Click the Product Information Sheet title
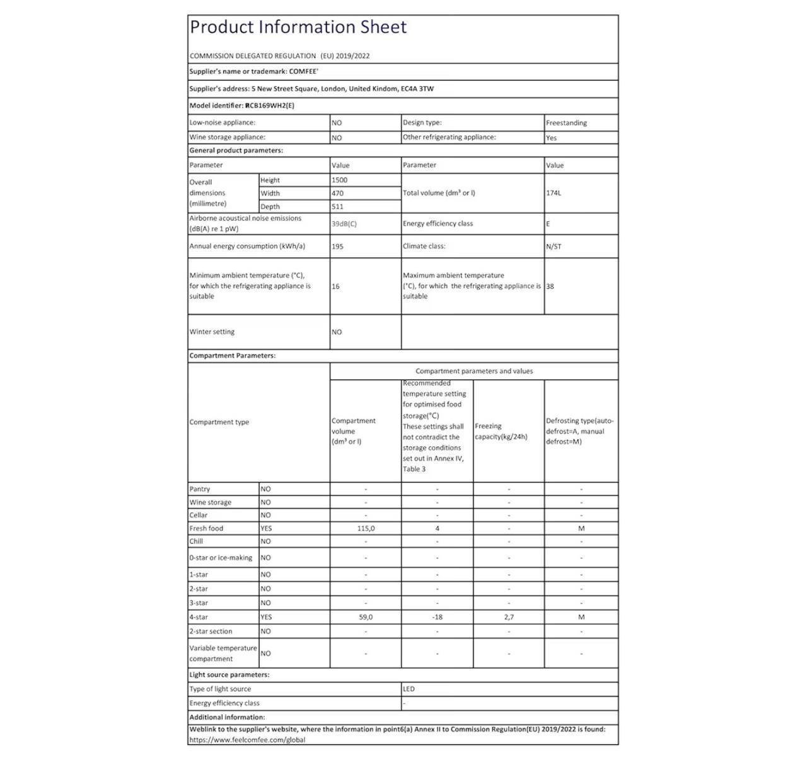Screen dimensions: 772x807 tap(298, 27)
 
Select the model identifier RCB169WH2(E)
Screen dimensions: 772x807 tap(270, 105)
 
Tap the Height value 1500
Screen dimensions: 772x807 tap(340, 180)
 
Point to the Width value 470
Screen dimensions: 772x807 tap(338, 193)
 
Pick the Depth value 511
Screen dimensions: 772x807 tap(338, 207)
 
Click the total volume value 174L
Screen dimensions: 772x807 tap(554, 193)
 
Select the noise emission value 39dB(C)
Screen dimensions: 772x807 tap(344, 224)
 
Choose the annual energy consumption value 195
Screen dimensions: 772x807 tap(338, 246)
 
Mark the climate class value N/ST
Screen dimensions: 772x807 tap(554, 246)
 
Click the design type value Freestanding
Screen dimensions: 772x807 tap(566, 123)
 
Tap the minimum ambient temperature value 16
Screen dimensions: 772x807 tap(335, 286)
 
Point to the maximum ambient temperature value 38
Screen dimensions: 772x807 tap(550, 286)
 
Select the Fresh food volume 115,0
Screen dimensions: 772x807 tap(366, 529)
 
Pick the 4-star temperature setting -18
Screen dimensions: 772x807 tap(437, 618)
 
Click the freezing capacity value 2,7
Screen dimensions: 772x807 tap(509, 618)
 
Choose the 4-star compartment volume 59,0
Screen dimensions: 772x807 tap(366, 618)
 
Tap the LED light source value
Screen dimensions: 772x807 tap(409, 689)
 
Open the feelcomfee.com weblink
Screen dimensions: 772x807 tap(247, 740)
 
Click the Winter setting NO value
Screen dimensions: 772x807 tap(337, 332)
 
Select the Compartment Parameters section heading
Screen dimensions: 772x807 tap(233, 355)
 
